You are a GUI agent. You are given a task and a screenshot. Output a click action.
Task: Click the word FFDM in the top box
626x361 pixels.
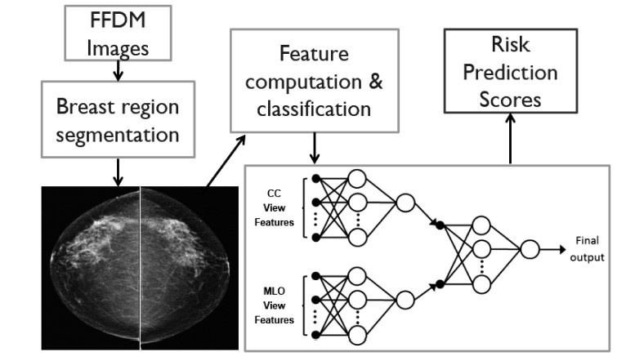pos(118,20)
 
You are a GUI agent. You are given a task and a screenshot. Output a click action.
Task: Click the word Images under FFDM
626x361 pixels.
pos(118,49)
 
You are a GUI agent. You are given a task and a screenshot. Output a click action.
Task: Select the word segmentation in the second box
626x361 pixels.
pos(118,136)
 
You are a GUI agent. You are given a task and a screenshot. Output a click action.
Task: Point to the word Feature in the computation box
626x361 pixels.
pos(314,53)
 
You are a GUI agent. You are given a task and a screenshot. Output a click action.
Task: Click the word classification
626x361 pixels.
pos(314,109)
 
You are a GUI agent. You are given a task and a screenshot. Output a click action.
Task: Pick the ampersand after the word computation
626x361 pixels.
pos(375,82)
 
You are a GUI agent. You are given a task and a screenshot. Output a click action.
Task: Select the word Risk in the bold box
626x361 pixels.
pos(510,44)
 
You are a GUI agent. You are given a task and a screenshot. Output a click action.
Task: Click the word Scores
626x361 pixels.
pos(510,100)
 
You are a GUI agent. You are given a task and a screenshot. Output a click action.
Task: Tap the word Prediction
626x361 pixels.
pos(510,73)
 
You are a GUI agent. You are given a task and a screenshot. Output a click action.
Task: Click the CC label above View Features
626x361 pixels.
pos(274,194)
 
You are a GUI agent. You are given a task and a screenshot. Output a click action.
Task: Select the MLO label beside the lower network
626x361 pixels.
pos(274,292)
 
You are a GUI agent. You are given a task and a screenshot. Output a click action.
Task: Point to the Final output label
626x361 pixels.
pos(588,249)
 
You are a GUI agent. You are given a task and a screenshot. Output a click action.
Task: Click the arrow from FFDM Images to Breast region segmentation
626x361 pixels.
pos(118,70)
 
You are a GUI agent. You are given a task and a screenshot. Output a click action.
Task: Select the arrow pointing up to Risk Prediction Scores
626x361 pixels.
pos(510,138)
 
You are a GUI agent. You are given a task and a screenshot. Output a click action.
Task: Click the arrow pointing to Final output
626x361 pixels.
pos(553,250)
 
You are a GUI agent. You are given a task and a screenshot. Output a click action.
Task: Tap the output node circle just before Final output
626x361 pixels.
pos(530,249)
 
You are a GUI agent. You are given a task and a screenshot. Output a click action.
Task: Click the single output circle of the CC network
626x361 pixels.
pos(405,203)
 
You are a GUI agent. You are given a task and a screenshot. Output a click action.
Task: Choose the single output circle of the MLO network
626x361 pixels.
pos(405,300)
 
